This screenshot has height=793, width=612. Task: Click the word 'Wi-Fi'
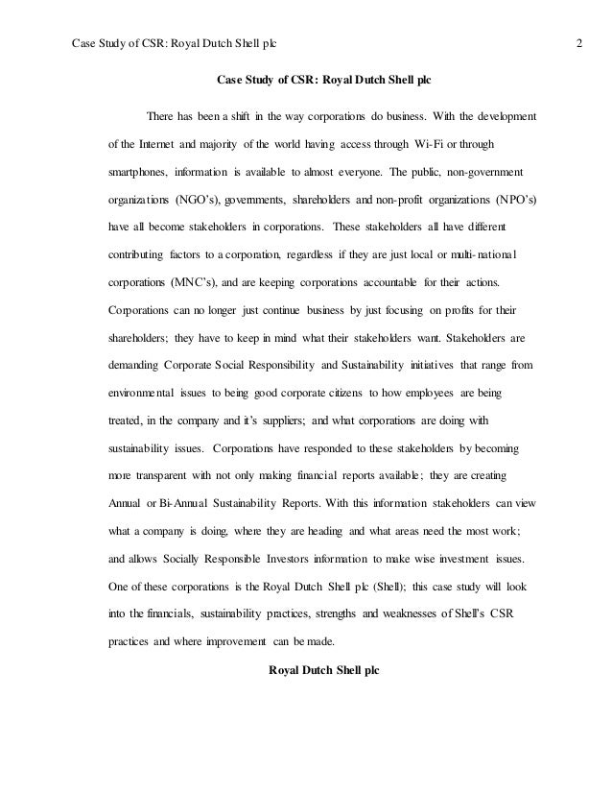click(x=415, y=145)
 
